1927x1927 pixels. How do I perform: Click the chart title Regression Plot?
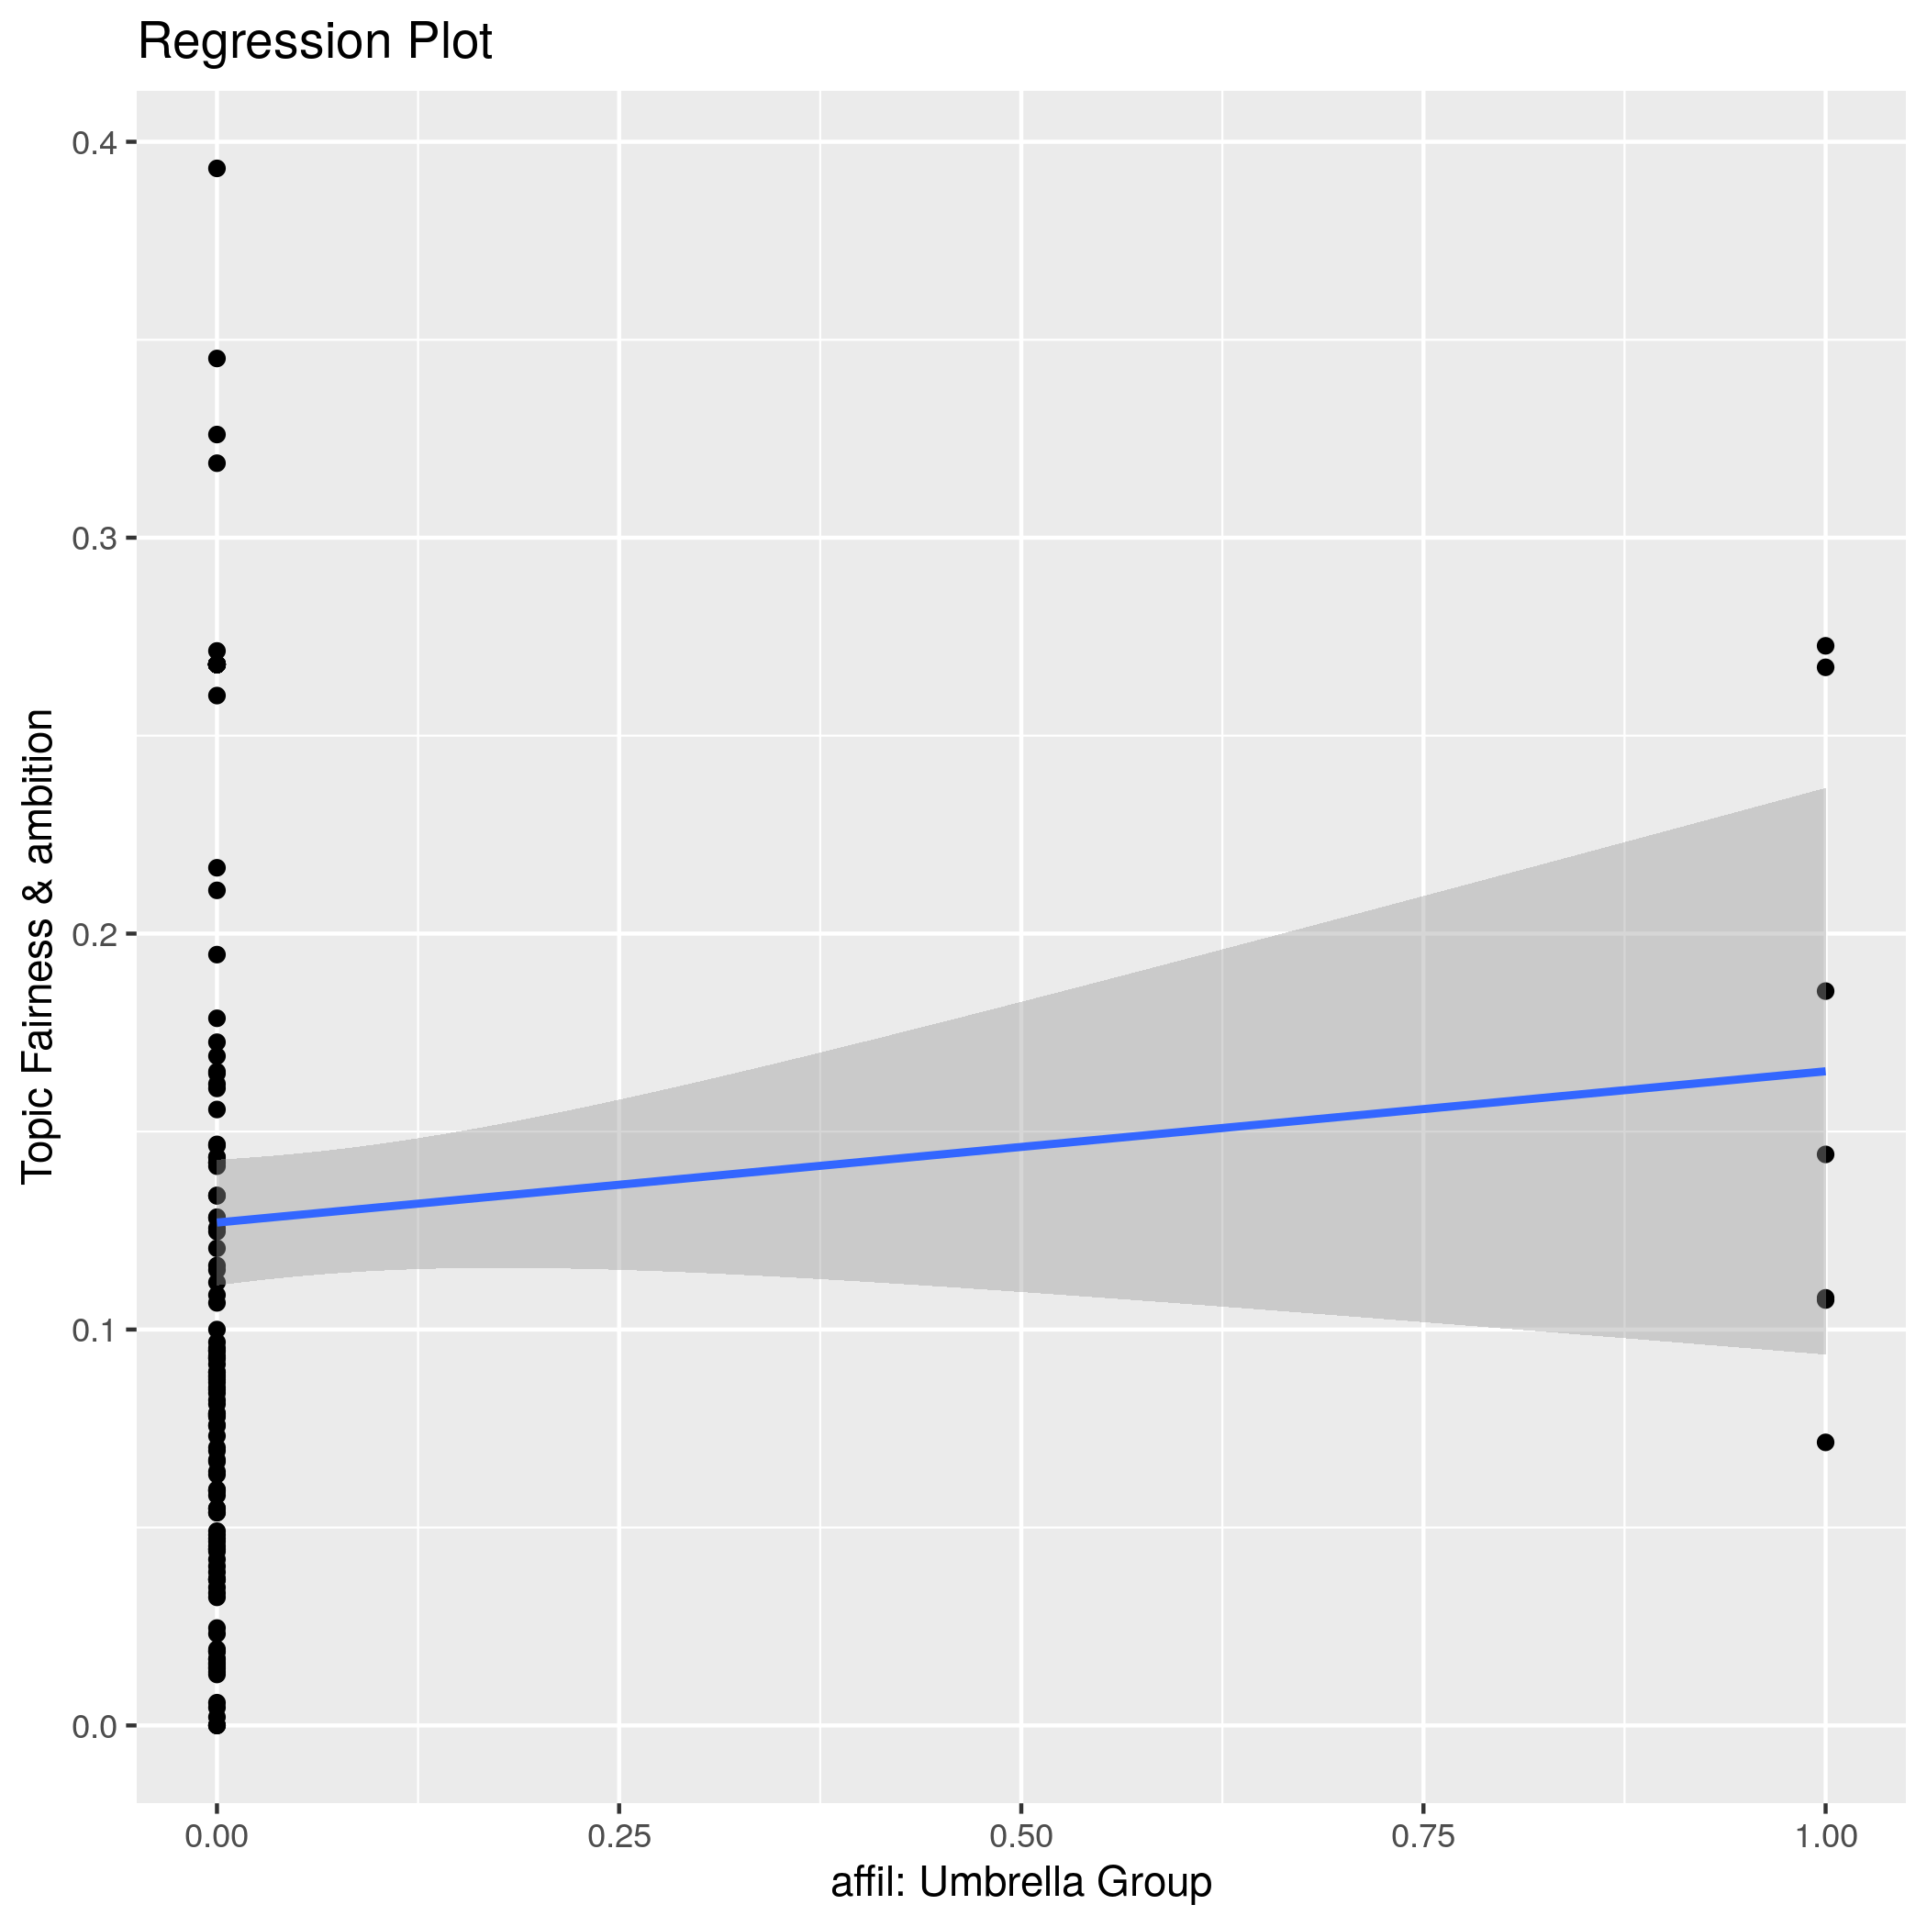coord(314,43)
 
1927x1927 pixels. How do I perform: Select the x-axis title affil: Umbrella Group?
coord(1020,1881)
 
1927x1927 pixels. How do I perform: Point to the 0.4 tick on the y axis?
coord(93,142)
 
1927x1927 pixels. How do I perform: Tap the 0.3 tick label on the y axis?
coord(93,539)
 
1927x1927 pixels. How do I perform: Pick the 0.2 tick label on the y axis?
coord(93,933)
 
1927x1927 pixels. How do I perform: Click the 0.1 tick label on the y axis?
coord(93,1330)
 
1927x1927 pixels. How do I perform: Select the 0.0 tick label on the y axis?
coord(93,1725)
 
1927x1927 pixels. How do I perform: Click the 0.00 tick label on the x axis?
coord(217,1836)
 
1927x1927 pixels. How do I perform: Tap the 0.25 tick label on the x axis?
coord(618,1836)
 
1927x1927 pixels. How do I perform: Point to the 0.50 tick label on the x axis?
coord(1020,1836)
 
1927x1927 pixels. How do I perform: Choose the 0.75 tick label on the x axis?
coord(1422,1836)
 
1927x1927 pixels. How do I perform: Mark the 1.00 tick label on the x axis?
coord(1824,1836)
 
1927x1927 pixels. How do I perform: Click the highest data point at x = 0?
coord(217,169)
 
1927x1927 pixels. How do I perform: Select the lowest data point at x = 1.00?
coord(1825,1442)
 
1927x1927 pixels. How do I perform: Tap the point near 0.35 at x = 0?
coord(217,358)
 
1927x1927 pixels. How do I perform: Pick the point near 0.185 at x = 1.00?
coord(1825,990)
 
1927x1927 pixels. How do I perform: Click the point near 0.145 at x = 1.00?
coord(1825,1154)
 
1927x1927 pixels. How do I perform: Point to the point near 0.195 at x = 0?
coord(217,954)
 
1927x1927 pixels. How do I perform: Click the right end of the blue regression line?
coord(1823,1071)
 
